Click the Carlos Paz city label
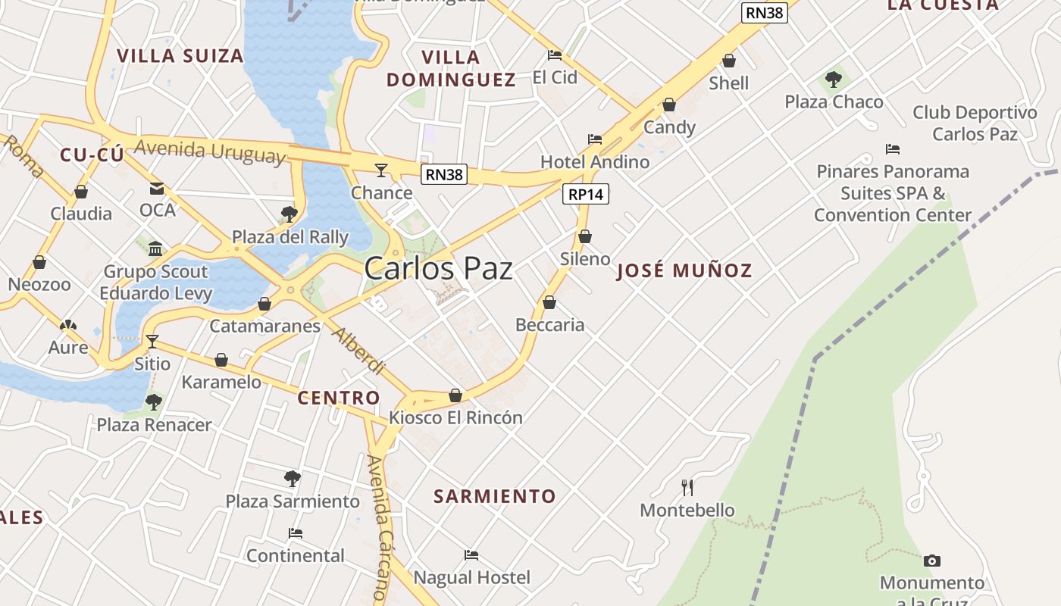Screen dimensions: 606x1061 click(438, 269)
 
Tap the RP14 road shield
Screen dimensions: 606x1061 click(586, 194)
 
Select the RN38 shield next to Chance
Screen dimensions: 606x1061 click(444, 174)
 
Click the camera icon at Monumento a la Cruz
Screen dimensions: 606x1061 click(932, 561)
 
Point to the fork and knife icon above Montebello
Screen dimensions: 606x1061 click(687, 487)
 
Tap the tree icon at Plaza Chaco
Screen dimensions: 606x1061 click(834, 79)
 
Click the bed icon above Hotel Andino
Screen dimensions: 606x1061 click(595, 139)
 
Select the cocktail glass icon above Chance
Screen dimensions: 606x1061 click(381, 170)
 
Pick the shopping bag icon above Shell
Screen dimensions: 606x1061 click(729, 61)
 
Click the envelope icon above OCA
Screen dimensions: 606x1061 click(157, 189)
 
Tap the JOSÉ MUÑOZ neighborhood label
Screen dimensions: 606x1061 click(684, 270)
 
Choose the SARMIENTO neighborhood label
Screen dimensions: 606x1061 click(495, 496)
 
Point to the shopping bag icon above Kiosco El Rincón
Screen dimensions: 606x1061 click(455, 395)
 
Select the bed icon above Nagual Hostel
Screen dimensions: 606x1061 click(471, 555)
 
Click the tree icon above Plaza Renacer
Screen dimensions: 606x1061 click(154, 401)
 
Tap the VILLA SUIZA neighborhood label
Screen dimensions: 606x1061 click(180, 56)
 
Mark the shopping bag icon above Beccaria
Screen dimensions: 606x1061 click(549, 303)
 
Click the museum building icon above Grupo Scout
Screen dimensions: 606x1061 click(155, 248)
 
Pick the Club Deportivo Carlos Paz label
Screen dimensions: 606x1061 click(975, 123)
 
